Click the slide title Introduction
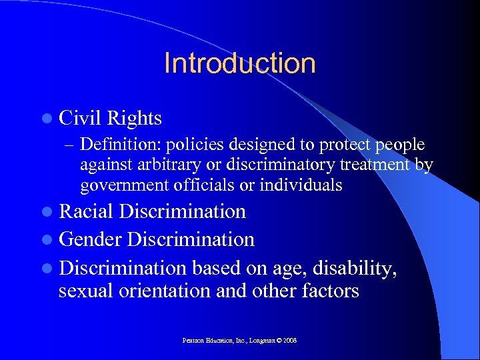(x=239, y=63)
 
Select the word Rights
(x=136, y=118)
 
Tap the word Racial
(x=87, y=212)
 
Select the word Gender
(x=91, y=239)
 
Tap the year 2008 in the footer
(x=289, y=340)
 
